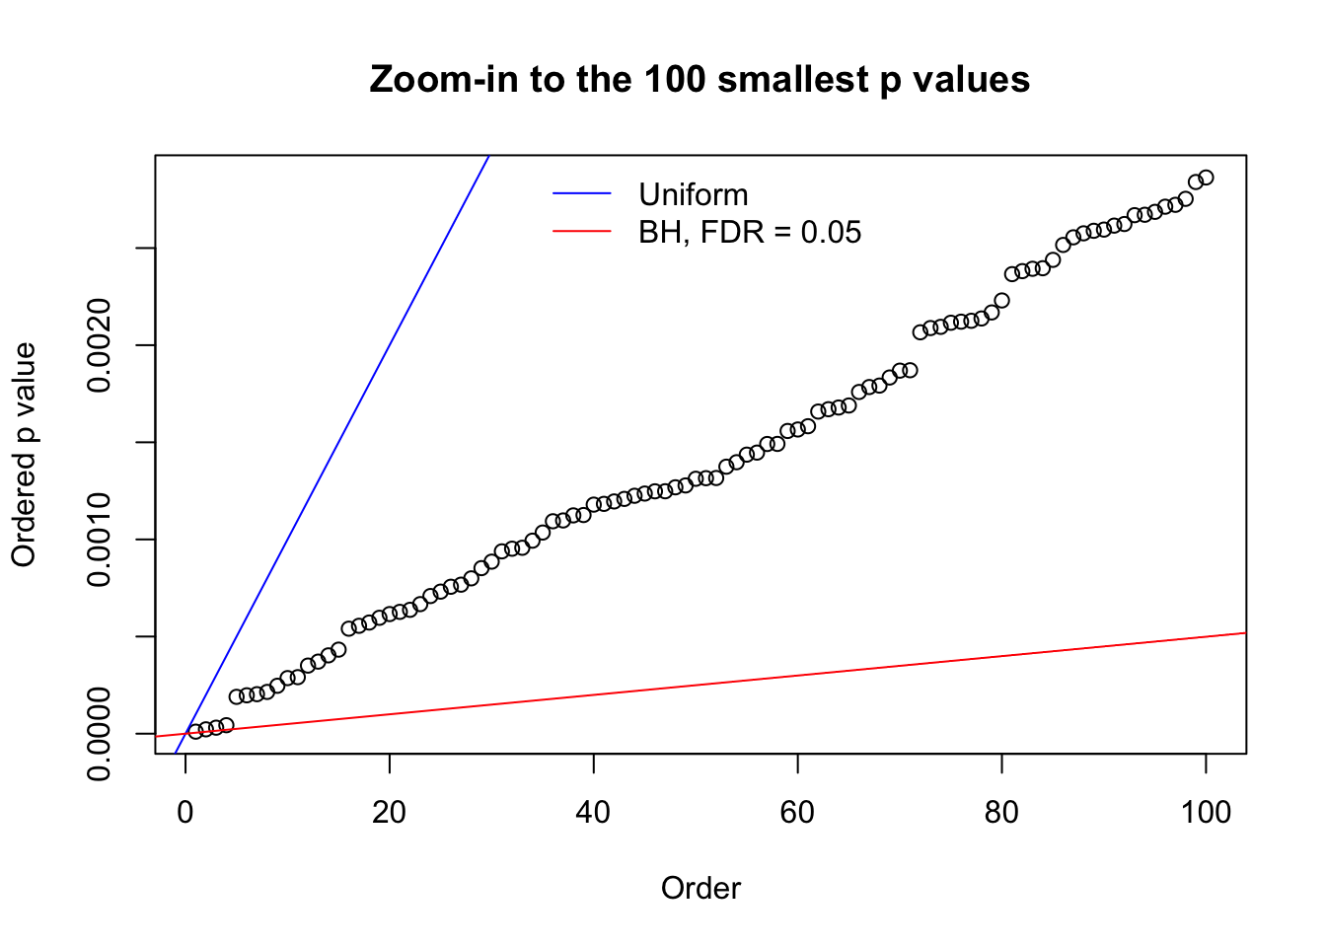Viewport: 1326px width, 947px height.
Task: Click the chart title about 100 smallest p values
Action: (700, 79)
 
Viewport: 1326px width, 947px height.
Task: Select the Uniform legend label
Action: (693, 194)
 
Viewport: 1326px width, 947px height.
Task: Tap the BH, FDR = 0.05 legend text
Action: (749, 232)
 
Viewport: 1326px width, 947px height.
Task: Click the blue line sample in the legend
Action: (582, 194)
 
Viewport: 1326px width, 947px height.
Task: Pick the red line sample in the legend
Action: (582, 232)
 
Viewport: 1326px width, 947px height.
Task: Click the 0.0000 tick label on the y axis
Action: (100, 734)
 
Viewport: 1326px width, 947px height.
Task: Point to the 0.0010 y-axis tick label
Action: (100, 540)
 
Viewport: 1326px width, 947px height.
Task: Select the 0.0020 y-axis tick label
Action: (100, 345)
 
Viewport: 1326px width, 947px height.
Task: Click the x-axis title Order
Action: (700, 888)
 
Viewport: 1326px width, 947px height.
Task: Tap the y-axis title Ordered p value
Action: (24, 455)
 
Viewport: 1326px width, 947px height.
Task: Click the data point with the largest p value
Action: (1206, 178)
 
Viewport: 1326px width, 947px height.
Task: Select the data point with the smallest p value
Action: (195, 731)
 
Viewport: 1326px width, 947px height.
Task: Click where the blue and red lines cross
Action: (185, 734)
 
